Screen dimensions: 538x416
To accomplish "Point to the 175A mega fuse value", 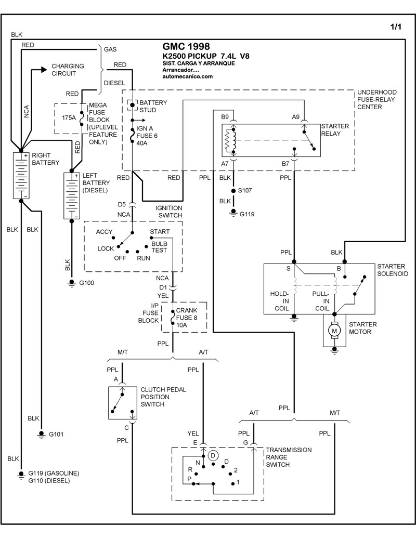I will (x=69, y=118).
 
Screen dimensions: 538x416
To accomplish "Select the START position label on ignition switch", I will (x=159, y=231).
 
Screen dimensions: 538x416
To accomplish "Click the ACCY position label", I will (x=105, y=231).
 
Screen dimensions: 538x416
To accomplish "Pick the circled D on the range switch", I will (x=212, y=455).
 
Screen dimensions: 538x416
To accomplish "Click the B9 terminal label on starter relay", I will (x=225, y=117).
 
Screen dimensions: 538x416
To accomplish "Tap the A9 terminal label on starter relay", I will (x=296, y=117).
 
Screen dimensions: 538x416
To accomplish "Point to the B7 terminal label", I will (x=285, y=164).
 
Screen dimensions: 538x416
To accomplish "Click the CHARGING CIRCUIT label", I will (x=64, y=70).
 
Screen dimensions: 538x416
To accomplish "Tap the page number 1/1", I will (x=395, y=27).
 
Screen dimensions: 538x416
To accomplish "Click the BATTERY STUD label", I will (x=154, y=107).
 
